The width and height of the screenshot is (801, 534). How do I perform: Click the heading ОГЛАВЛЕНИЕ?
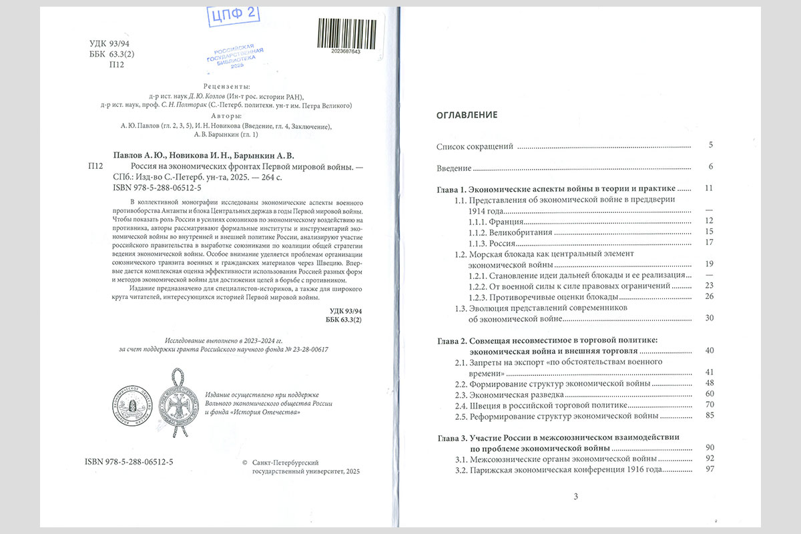[x=467, y=115]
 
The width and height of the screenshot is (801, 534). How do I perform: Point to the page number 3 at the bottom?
[x=576, y=496]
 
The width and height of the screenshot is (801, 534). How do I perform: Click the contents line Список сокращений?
[x=475, y=146]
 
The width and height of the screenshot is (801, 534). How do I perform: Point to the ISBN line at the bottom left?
[x=129, y=462]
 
